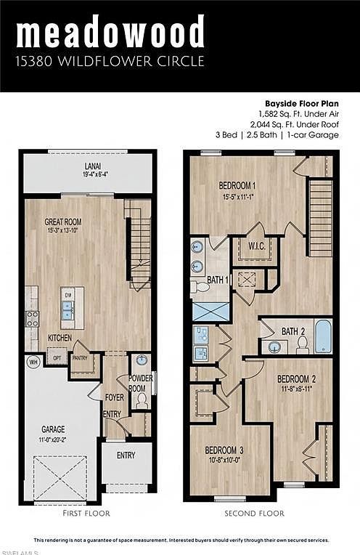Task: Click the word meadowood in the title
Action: (110, 33)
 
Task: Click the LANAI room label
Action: (91, 166)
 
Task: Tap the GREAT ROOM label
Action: (62, 222)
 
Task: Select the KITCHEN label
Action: (60, 338)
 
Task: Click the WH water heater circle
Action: (33, 360)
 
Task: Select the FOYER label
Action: (114, 397)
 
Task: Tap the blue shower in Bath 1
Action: (210, 311)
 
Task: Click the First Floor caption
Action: (87, 514)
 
